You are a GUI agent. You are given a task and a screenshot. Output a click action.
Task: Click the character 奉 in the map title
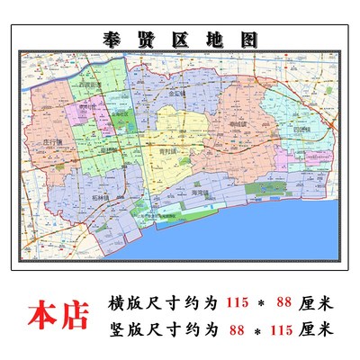point(115,40)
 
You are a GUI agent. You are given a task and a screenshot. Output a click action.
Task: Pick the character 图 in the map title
point(247,40)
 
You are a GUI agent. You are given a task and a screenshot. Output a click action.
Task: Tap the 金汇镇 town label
point(177,93)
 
